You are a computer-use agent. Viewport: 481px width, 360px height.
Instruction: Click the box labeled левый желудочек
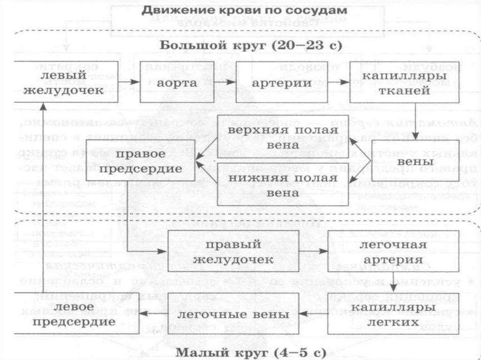coord(66,82)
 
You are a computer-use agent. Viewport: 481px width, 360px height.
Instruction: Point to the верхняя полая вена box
coord(283,136)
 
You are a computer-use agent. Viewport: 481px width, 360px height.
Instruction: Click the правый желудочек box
coord(233,252)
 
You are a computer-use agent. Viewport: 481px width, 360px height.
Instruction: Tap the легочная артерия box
coord(393,252)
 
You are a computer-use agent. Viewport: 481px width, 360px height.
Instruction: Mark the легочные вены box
coord(233,314)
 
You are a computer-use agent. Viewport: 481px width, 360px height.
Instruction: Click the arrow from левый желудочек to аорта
coord(129,82)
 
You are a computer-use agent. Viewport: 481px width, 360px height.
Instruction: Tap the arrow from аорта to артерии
coord(225,82)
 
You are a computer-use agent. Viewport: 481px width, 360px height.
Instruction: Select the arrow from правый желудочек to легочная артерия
coord(313,252)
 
